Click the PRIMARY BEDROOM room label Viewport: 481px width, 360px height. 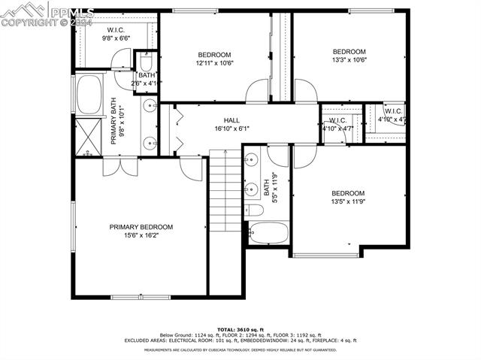[x=141, y=227]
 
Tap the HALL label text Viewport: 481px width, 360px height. [x=231, y=120]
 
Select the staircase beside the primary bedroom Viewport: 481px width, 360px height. [x=224, y=192]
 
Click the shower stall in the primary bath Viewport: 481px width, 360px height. [x=88, y=135]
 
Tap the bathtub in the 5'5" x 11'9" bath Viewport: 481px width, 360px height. [x=268, y=232]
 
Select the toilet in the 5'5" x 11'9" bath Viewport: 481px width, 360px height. [x=253, y=210]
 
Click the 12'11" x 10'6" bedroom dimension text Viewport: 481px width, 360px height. [x=215, y=63]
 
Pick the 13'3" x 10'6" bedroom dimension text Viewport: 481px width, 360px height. [x=349, y=60]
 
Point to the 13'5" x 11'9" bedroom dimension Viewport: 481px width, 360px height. [x=348, y=201]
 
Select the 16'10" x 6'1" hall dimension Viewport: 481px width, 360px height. [x=231, y=129]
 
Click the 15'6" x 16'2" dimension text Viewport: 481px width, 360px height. [x=141, y=235]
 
